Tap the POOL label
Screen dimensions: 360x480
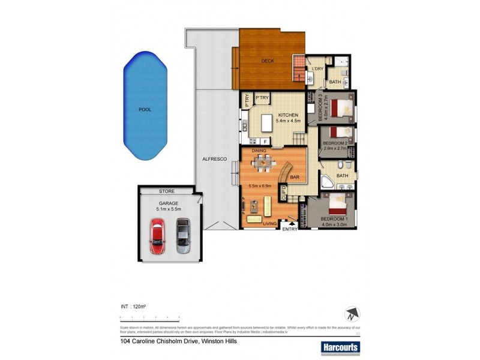coord(145,110)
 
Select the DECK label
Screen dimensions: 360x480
coord(268,61)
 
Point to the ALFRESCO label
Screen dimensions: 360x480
coord(213,158)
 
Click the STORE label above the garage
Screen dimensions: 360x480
coord(167,191)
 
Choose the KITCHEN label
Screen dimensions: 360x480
coord(288,115)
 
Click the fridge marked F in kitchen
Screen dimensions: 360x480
coord(265,142)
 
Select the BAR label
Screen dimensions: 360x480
coord(295,177)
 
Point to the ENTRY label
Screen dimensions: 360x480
coord(290,229)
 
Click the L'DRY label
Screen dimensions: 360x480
coord(317,69)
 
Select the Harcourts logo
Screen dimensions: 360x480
coord(340,346)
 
